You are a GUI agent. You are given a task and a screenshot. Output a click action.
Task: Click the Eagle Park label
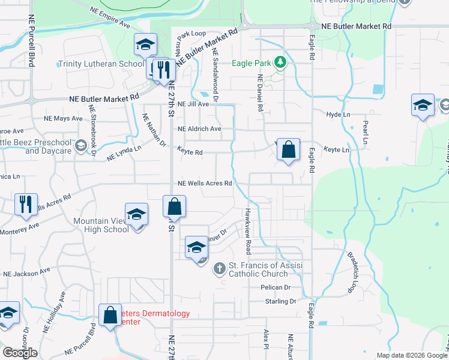pos(252,62)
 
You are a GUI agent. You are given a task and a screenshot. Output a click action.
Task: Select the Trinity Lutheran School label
pos(101,64)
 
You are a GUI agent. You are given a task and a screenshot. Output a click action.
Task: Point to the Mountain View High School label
pos(100,226)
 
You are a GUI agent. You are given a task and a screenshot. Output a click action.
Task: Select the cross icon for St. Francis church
pos(220,269)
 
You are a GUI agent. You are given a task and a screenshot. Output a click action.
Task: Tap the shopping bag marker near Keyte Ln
pos(289,150)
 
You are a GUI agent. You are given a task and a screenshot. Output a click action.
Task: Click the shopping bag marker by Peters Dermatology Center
pos(110,315)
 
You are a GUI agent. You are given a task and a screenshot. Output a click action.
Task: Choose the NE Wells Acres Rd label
pos(205,184)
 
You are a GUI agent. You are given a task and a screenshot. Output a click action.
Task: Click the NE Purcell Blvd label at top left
pos(30,41)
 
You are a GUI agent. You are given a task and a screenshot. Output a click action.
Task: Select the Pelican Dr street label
pos(276,287)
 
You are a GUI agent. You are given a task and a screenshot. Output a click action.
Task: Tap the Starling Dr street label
pos(280,302)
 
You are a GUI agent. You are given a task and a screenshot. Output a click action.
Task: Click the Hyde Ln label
pos(337,115)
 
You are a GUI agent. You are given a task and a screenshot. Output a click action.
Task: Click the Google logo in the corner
pos(20,353)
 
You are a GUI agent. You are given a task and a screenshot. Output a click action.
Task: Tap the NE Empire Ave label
pos(110,19)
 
